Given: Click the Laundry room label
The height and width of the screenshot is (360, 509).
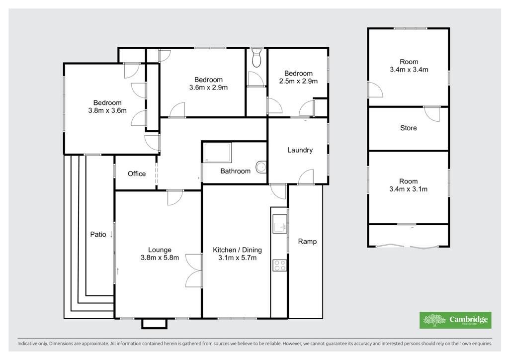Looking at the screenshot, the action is click(x=300, y=150).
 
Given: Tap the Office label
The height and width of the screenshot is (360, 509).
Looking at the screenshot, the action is click(x=137, y=174).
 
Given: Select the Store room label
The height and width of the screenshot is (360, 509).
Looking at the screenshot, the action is click(x=409, y=128).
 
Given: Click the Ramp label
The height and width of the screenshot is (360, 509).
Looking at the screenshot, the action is click(x=307, y=241).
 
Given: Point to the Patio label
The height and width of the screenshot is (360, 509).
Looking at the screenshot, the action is click(x=98, y=234).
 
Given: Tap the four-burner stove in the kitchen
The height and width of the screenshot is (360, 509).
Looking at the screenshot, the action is click(x=279, y=266).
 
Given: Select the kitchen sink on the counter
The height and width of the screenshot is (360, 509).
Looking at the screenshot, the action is click(x=279, y=224).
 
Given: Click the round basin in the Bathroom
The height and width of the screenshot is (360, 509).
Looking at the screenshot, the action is click(x=260, y=167).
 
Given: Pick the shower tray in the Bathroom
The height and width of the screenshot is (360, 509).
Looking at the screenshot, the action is click(x=218, y=153).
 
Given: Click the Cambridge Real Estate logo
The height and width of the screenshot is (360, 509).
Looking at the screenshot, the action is click(x=455, y=320).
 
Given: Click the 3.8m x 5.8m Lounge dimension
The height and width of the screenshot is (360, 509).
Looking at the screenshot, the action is click(x=160, y=258).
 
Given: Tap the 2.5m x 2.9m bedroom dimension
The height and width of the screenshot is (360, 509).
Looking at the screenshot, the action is click(x=298, y=81).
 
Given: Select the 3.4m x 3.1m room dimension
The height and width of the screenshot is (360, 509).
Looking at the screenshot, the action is click(x=409, y=189).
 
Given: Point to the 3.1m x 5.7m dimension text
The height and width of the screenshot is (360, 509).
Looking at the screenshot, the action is click(x=237, y=258).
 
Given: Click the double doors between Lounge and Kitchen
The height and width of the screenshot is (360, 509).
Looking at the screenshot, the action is click(x=194, y=270).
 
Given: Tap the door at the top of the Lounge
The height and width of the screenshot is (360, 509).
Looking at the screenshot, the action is click(x=175, y=198).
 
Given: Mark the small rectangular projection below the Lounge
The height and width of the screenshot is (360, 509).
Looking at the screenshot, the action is click(x=154, y=324).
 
